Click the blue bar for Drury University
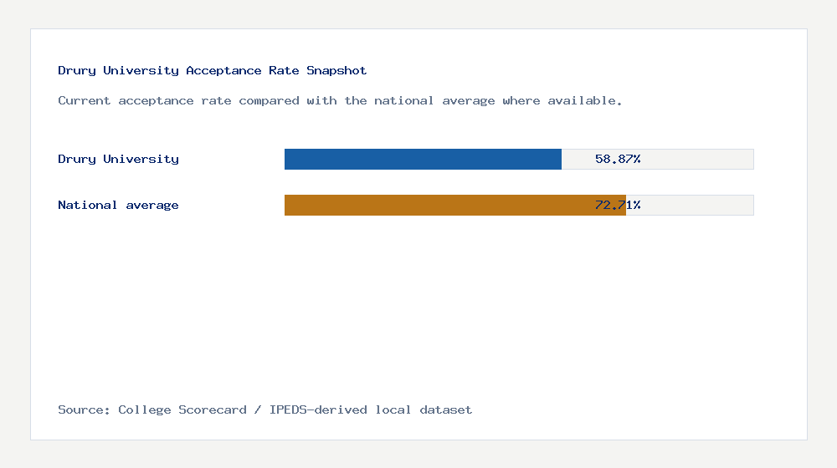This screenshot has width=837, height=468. click(x=423, y=159)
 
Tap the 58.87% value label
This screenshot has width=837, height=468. click(x=618, y=159)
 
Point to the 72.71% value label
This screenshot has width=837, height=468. click(x=618, y=205)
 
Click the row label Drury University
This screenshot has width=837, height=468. click(x=118, y=159)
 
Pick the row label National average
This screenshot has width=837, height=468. click(x=118, y=205)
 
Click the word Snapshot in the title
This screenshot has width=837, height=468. click(x=336, y=71)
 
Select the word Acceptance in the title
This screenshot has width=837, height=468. click(x=223, y=71)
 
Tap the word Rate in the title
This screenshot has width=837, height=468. click(x=284, y=71)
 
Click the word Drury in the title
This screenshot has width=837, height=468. click(x=77, y=71)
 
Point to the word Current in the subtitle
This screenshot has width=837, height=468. click(x=85, y=101)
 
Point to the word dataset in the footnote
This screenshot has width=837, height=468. click(x=446, y=410)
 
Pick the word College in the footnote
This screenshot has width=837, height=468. click(x=145, y=410)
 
